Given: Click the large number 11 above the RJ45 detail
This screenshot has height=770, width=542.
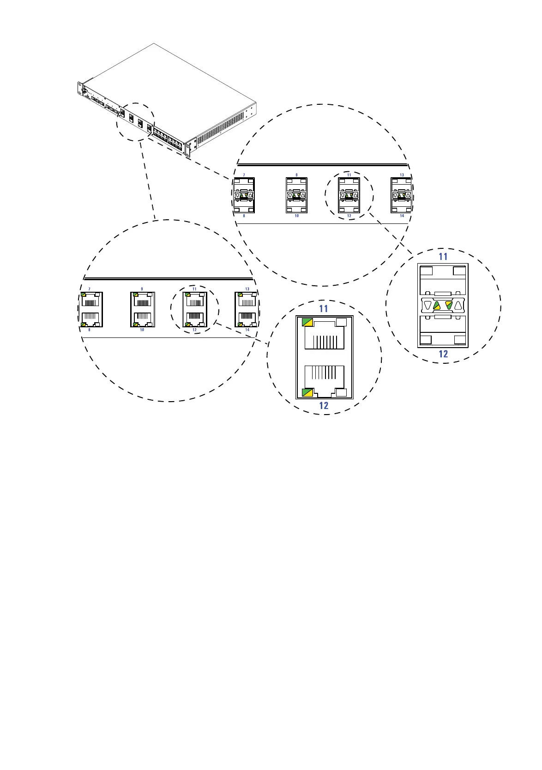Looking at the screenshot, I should click(324, 308).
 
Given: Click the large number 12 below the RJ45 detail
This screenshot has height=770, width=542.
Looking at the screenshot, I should click(324, 406).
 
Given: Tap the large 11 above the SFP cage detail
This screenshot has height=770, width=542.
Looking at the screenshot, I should click(443, 257).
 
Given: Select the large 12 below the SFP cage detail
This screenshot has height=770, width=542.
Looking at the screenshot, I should click(443, 354).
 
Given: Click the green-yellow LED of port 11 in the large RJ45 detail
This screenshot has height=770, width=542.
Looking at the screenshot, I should click(307, 322).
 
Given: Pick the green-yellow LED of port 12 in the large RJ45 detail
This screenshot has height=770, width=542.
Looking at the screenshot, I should click(307, 393).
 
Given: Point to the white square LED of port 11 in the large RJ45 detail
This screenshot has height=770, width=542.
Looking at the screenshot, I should click(342, 322).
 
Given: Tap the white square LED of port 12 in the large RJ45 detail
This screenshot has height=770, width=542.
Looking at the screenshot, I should click(342, 393).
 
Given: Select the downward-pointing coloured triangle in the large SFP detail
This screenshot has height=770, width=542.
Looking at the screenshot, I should click(449, 305).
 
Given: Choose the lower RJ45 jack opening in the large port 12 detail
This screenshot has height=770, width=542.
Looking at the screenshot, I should click(325, 378).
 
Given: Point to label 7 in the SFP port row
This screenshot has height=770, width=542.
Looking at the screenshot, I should click(244, 175).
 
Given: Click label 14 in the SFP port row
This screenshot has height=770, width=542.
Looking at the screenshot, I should click(402, 216).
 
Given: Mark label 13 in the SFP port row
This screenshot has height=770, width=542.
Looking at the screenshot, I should click(402, 175).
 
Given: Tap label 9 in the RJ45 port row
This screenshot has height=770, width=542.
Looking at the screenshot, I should click(142, 289).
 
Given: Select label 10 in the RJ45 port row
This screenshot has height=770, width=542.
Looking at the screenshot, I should click(142, 330).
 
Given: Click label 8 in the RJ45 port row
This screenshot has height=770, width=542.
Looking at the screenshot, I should click(89, 330).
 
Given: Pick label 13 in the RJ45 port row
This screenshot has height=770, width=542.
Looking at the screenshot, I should click(247, 289).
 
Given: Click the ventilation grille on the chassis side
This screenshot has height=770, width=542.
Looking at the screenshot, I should click(222, 126).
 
